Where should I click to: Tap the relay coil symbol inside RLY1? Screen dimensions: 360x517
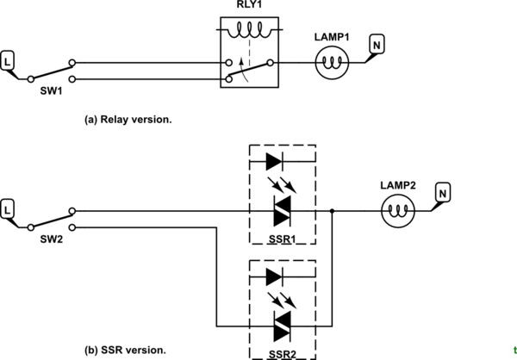pos(251,32)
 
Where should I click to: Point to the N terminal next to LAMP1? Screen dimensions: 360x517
pos(376,43)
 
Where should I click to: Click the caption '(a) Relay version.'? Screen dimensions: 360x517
pos(128,120)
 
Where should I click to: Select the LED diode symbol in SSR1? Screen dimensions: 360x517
pos(273,160)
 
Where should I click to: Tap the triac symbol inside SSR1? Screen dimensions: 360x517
pos(281,209)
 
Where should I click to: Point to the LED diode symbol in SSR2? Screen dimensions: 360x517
pos(273,277)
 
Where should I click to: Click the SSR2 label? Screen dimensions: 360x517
pos(281,353)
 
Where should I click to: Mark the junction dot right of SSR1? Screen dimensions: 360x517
pos(333,209)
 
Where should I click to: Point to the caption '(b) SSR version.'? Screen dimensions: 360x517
pos(124,350)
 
